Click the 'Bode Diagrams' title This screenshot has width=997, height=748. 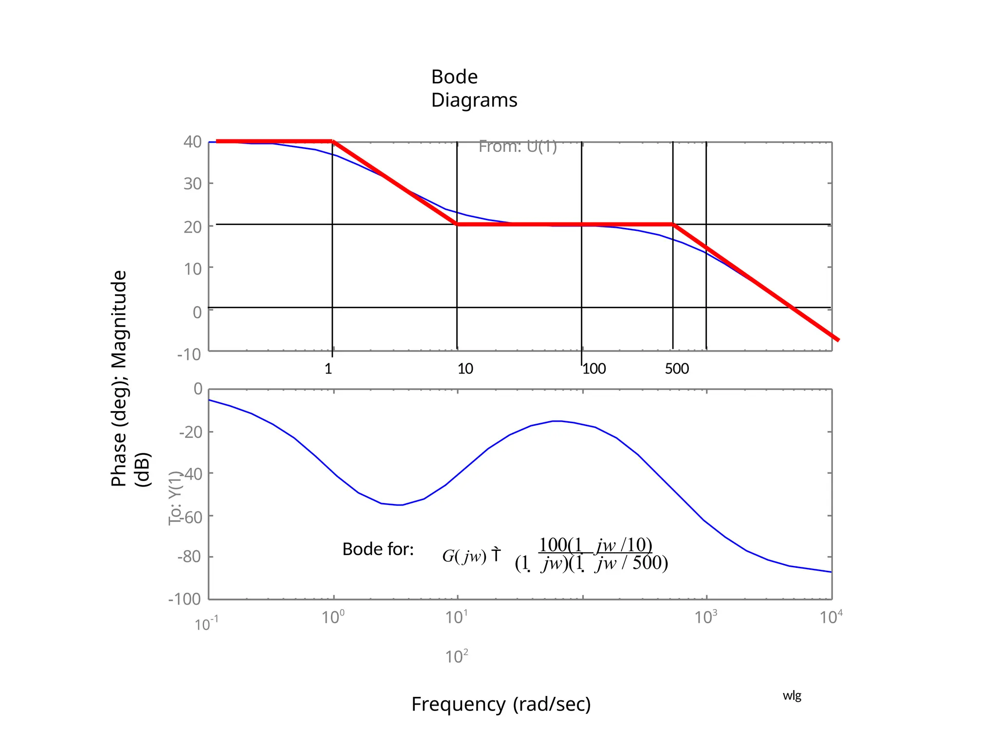474,88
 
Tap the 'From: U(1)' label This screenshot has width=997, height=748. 517,146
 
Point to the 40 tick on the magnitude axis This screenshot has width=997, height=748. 193,142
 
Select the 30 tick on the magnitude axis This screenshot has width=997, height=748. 193,184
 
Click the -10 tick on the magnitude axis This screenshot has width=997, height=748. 189,354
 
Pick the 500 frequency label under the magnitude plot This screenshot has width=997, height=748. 677,369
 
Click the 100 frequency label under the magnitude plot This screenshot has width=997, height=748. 594,369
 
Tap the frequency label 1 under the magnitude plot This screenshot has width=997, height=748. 329,369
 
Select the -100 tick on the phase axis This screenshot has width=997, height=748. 185,598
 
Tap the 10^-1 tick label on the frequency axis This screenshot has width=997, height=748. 206,624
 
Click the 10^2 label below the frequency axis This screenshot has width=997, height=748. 457,657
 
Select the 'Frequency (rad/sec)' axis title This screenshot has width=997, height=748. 501,704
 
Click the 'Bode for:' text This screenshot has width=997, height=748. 378,549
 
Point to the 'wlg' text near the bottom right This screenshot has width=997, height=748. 792,695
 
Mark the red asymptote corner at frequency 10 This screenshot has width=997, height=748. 457,224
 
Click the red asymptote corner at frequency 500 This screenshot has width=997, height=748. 673,224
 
